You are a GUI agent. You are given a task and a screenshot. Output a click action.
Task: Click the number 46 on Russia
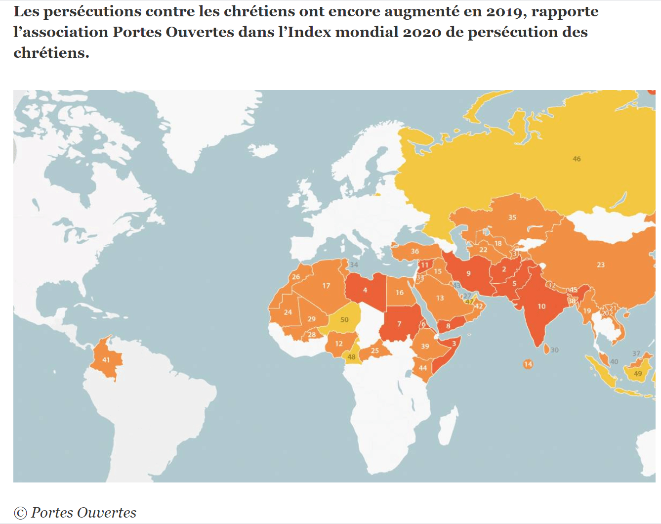point(577,159)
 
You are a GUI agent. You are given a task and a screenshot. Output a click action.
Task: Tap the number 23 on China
point(601,265)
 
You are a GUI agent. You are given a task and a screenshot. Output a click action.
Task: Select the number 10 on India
point(541,306)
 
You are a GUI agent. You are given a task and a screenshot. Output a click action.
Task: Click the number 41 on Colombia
point(106,360)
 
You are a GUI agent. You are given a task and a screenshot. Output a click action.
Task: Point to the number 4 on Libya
point(365,290)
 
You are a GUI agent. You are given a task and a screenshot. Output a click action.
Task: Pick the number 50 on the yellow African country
point(344,319)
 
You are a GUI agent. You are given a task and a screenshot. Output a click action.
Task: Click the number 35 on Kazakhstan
point(512,218)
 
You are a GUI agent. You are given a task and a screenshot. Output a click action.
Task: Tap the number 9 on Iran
point(468,273)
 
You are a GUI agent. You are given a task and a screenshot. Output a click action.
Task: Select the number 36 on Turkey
point(415,251)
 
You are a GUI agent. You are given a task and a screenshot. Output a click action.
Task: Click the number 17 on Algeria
point(326,286)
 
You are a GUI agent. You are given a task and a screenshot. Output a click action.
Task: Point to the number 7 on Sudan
point(399,324)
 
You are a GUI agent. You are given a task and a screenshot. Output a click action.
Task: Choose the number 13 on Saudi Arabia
point(440,298)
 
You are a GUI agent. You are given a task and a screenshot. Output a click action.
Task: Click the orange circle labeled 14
point(528,364)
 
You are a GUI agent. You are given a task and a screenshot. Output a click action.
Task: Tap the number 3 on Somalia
point(454,344)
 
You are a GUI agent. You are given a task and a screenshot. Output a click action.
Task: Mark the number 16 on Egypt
point(399,293)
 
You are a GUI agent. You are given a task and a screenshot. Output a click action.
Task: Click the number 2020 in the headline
point(422,32)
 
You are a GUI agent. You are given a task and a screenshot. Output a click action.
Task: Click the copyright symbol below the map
point(20,513)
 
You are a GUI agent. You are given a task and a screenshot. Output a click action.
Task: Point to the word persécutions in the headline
point(87,11)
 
